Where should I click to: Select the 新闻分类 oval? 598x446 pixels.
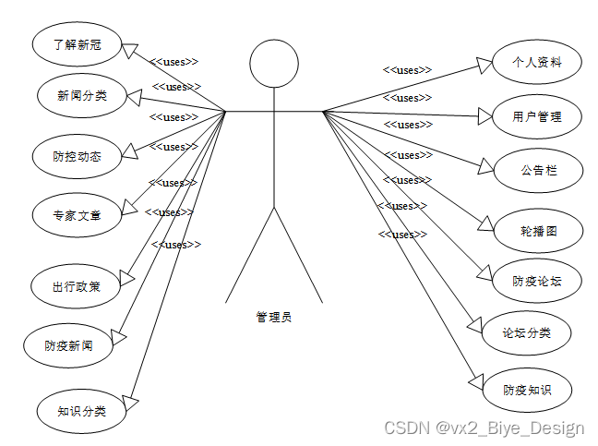[x=81, y=95]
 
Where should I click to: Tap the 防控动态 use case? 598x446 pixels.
[x=77, y=156]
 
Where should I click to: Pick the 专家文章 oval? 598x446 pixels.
[x=77, y=216]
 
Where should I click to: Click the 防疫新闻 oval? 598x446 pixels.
[x=68, y=345]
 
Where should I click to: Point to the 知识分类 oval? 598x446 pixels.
[x=81, y=411]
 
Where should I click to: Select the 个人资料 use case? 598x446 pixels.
[x=536, y=64]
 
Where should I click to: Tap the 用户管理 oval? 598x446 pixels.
[x=536, y=116]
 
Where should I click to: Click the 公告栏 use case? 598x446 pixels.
[x=538, y=170]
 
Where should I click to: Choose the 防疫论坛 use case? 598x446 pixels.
[x=536, y=281]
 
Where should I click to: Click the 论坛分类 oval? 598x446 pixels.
[x=526, y=332]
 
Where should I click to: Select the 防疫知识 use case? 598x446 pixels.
[x=527, y=390]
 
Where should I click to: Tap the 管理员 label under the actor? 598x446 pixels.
[x=274, y=317]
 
